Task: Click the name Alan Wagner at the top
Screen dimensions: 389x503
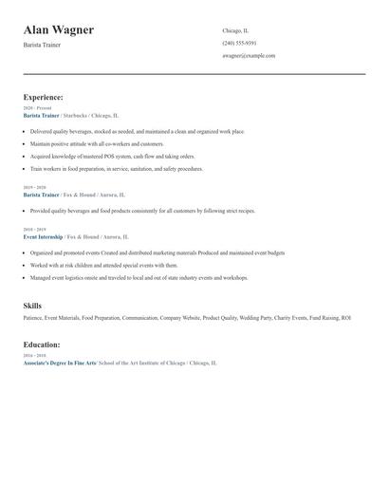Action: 59,29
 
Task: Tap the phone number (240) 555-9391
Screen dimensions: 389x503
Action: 239,43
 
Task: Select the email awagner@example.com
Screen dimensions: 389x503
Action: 249,55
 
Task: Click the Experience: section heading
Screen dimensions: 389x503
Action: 44,97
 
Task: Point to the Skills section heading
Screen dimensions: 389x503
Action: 32,307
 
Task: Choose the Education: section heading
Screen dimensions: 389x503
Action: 43,345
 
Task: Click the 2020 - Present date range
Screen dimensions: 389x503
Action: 37,108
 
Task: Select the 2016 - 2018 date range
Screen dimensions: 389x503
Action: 34,355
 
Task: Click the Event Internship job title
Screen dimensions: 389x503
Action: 43,236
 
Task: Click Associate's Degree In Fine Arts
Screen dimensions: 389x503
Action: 60,363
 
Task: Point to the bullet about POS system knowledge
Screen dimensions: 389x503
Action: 112,156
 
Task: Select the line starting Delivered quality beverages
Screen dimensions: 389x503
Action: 137,131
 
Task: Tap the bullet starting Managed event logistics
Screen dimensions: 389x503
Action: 139,278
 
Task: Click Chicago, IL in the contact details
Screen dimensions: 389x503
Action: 235,30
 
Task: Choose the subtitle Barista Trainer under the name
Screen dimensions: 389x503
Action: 42,45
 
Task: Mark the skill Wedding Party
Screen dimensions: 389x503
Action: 256,318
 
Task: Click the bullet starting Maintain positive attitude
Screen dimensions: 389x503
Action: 103,143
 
